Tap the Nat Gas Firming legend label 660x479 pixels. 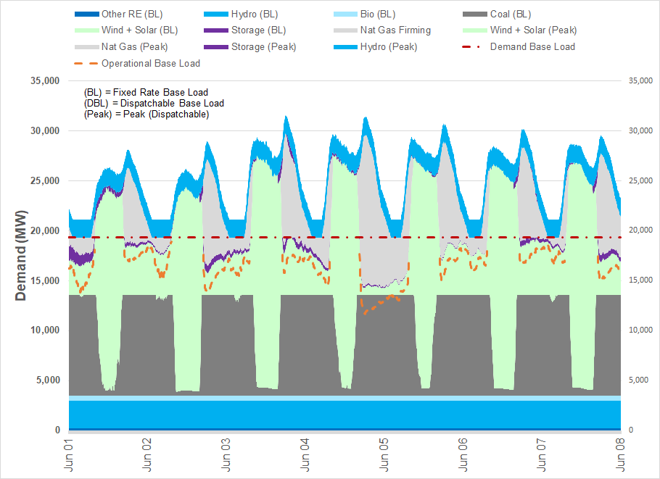pyautogui.click(x=395, y=30)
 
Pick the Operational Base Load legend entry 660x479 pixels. pyautogui.click(x=150, y=63)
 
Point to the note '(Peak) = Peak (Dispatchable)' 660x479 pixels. pyautogui.click(x=147, y=114)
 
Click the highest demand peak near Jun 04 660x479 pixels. pyautogui.click(x=286, y=116)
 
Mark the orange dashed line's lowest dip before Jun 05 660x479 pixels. pyautogui.click(x=363, y=312)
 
